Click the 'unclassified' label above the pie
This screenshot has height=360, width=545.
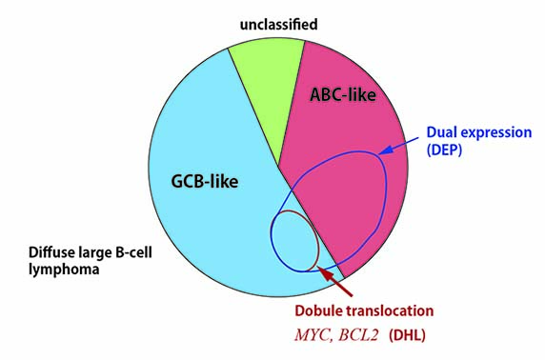(279, 25)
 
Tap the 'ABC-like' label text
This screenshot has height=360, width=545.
(343, 94)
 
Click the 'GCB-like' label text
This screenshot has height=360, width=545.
(205, 181)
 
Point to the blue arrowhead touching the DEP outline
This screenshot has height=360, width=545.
(385, 150)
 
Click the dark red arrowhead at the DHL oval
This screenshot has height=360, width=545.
(324, 272)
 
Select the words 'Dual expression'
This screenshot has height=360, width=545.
(479, 132)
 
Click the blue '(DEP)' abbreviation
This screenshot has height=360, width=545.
(444, 150)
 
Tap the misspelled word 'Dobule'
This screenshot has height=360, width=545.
(316, 310)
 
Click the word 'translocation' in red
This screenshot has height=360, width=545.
(387, 310)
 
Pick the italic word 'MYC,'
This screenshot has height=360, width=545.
(313, 335)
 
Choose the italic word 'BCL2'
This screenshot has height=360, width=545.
(358, 335)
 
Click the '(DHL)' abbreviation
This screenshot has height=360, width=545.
(407, 335)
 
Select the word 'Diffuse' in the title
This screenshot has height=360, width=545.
(49, 252)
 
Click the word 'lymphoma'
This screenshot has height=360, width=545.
(64, 270)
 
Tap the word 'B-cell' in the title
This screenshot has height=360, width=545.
(133, 252)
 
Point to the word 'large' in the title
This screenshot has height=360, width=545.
(91, 253)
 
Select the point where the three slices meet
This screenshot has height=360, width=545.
(278, 166)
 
